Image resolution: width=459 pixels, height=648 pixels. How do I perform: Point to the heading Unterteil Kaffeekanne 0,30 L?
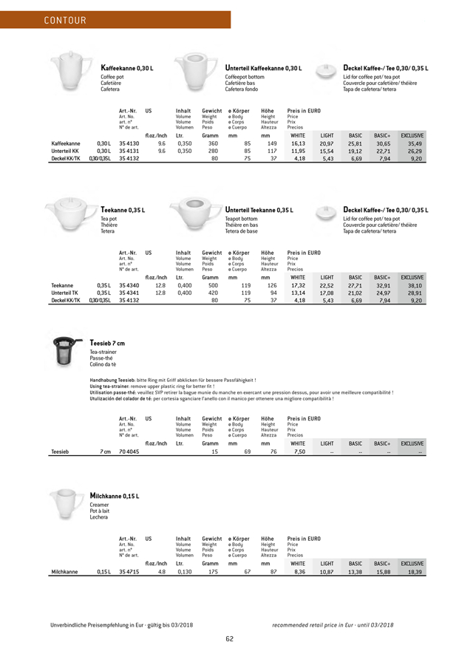point(264,68)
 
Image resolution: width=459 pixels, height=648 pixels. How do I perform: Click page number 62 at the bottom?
point(229,638)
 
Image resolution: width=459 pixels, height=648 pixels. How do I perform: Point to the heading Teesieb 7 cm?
point(107,343)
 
